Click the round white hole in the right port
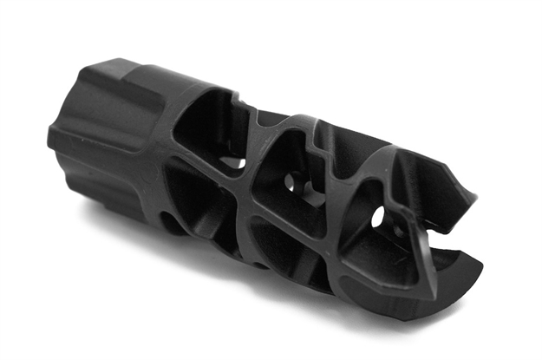point(379,218)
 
